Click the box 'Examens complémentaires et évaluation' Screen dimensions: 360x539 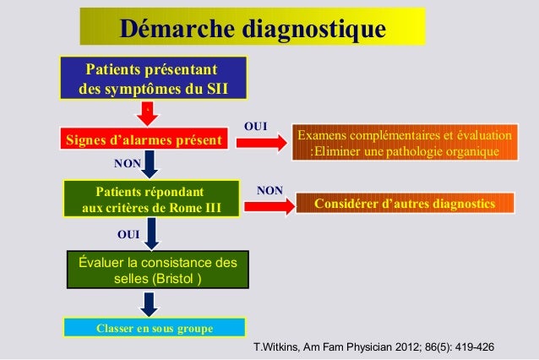click(404, 144)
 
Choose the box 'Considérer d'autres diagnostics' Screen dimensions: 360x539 click(404, 205)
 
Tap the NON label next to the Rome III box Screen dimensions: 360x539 click(269, 191)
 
